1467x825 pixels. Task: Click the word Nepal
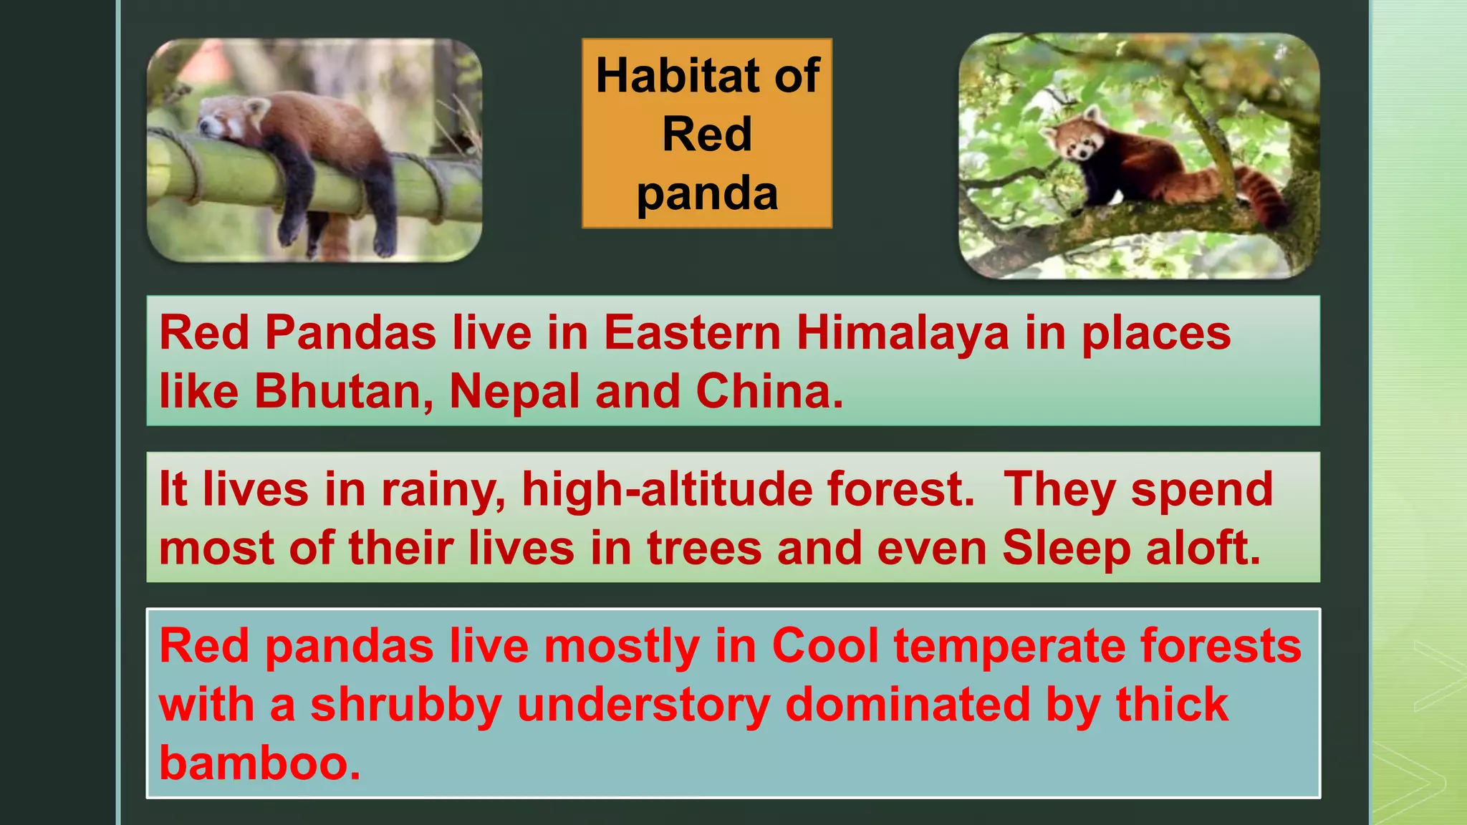click(514, 392)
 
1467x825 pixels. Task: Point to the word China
click(769, 392)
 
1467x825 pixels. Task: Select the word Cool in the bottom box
click(825, 646)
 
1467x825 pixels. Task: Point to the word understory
click(643, 705)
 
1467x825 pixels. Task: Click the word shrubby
click(405, 705)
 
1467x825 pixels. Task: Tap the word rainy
click(443, 490)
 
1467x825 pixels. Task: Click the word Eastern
click(692, 334)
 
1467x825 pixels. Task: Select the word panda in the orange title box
click(707, 193)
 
